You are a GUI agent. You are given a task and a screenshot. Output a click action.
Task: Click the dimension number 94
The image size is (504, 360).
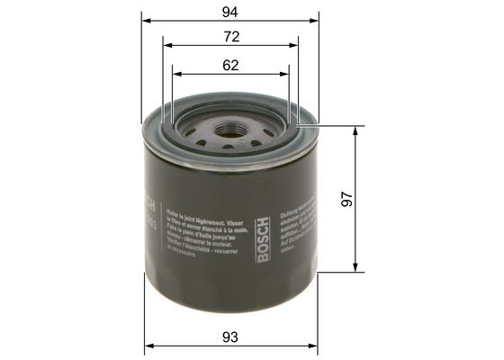(x=230, y=11)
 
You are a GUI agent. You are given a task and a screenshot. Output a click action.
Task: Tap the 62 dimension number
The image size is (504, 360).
(x=230, y=65)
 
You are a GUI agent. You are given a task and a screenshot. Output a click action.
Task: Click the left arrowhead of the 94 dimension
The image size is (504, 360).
(x=148, y=20)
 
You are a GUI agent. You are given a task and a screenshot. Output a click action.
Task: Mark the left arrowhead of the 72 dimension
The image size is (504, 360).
(x=166, y=45)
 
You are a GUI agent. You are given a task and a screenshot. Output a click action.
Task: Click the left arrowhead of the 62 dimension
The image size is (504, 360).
(x=175, y=74)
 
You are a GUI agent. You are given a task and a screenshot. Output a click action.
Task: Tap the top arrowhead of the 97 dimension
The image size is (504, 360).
(x=357, y=129)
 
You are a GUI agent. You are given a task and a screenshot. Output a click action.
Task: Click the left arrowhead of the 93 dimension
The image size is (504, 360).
(x=148, y=346)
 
